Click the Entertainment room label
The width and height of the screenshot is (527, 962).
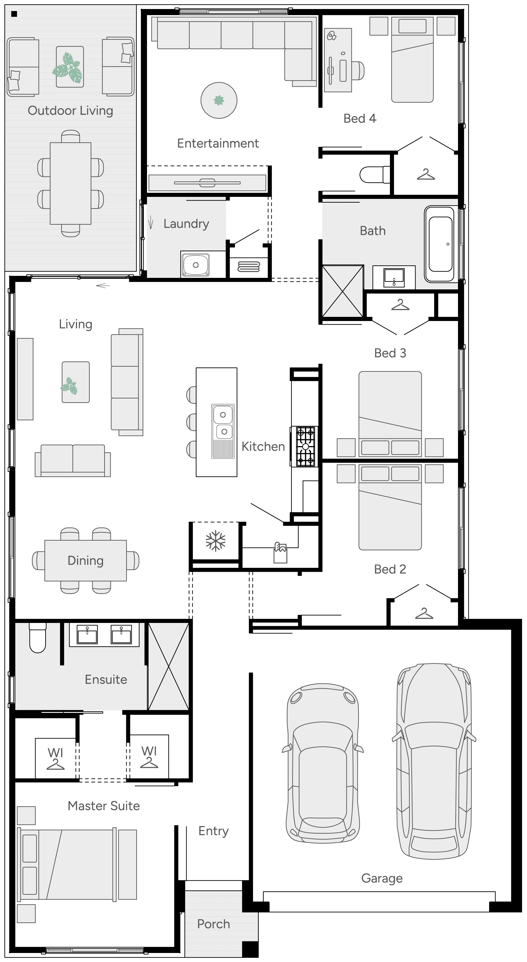(x=218, y=143)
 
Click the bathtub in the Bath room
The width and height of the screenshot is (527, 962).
(x=440, y=244)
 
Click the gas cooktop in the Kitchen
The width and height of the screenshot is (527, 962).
(x=305, y=447)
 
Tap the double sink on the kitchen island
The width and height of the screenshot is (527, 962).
(x=223, y=423)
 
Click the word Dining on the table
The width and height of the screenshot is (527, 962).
(x=86, y=560)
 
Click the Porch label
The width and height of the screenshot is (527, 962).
(x=213, y=924)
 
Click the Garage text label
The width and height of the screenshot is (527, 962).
(x=382, y=878)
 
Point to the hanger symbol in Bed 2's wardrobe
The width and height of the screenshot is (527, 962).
(x=424, y=614)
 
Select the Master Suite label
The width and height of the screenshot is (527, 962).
(x=104, y=806)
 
